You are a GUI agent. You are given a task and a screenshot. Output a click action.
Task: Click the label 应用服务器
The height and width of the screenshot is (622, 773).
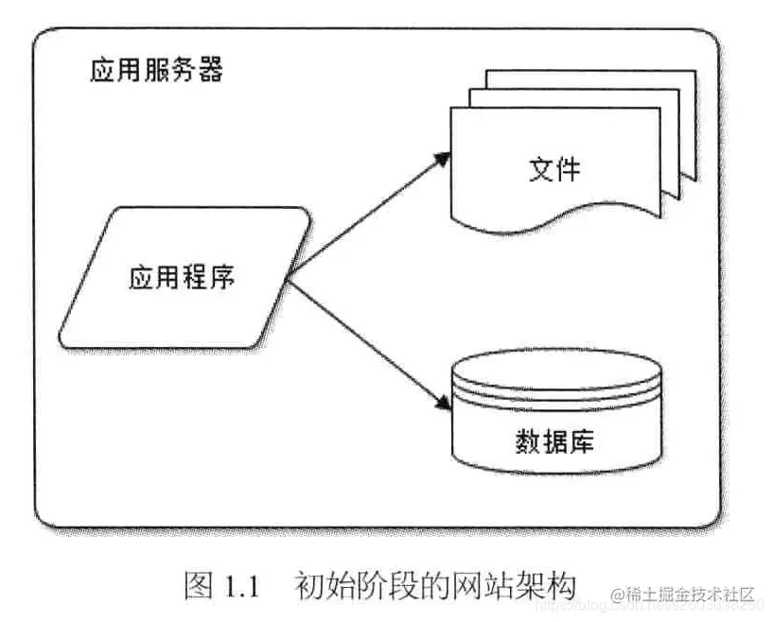coord(156,72)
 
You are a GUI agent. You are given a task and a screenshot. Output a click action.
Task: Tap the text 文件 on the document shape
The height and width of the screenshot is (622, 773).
coord(554,170)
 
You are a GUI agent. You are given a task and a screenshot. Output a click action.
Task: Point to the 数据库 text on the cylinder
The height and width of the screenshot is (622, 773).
coord(554,441)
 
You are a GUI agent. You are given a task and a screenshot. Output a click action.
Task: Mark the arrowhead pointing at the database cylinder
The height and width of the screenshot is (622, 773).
coord(440,405)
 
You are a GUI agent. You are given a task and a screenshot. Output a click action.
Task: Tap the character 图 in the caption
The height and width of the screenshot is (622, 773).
coord(200,585)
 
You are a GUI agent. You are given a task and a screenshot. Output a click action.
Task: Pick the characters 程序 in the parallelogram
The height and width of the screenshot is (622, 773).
coord(211,278)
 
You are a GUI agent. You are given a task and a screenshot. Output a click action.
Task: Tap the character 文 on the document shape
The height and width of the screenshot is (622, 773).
coord(540,170)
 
